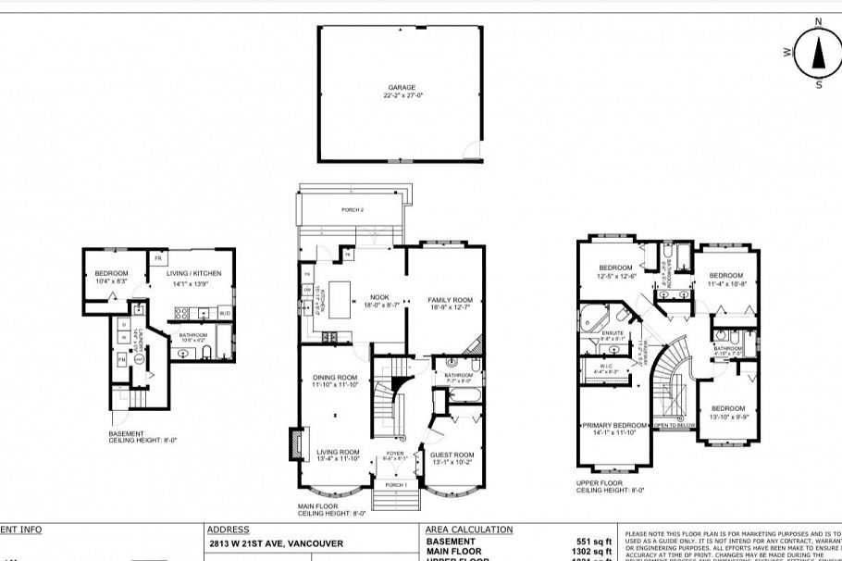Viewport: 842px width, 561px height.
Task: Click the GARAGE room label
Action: pyautogui.click(x=402, y=88)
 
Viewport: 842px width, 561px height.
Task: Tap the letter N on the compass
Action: pyautogui.click(x=818, y=21)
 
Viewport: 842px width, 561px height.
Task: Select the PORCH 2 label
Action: pyautogui.click(x=353, y=210)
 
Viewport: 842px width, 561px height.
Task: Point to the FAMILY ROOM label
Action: pyautogui.click(x=450, y=300)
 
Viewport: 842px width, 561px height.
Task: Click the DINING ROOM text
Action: pyautogui.click(x=334, y=378)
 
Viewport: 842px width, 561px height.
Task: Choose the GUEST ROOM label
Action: pyautogui.click(x=451, y=455)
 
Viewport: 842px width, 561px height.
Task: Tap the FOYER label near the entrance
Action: pyautogui.click(x=395, y=454)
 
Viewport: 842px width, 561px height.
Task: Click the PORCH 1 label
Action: pyautogui.click(x=395, y=486)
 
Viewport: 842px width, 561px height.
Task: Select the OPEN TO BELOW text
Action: pyautogui.click(x=675, y=426)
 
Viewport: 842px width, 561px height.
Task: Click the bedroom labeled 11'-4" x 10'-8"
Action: pyautogui.click(x=726, y=276)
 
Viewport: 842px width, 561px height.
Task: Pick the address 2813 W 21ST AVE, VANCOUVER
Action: pyautogui.click(x=262, y=543)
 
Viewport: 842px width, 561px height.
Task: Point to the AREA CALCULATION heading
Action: pyautogui.click(x=468, y=530)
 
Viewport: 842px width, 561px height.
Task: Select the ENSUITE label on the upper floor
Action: pyautogui.click(x=613, y=333)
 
